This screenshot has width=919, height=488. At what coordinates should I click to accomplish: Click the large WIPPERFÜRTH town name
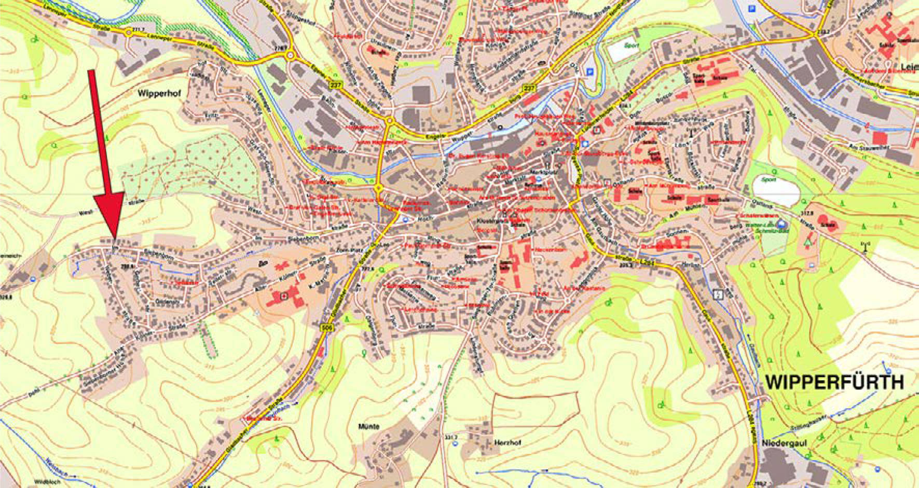coord(834,382)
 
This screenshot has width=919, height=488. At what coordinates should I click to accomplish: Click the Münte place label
coord(369,426)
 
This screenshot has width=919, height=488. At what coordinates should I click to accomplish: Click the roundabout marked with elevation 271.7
coord(128,33)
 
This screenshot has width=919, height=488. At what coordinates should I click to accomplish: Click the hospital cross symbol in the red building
coord(283,297)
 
